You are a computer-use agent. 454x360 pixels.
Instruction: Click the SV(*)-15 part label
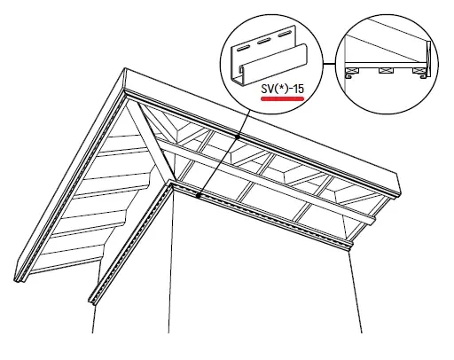[x=283, y=89]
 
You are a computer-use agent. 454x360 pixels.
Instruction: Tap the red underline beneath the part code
[x=282, y=98]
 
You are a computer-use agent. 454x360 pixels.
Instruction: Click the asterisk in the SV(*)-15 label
[x=282, y=88]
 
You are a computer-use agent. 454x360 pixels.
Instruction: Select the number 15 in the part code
[x=298, y=89]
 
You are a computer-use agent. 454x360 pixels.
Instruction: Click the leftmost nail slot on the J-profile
[x=243, y=48]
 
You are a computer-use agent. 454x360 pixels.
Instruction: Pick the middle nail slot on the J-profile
[x=263, y=42]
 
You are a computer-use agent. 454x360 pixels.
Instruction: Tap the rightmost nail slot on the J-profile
[x=284, y=35]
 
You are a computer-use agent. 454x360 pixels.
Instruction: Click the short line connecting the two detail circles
[x=330, y=63]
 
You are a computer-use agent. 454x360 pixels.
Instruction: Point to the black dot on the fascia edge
[x=238, y=137]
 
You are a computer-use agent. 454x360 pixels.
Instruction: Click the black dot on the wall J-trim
[x=199, y=195]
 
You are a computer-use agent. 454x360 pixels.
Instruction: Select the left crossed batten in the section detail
[x=351, y=71]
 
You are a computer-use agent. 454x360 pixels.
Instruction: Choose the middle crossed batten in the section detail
[x=385, y=71]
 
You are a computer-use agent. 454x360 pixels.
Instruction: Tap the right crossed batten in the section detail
[x=418, y=71]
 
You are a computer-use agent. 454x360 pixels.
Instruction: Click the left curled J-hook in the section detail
[x=348, y=75]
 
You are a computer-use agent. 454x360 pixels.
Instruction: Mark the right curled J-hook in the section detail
[x=424, y=76]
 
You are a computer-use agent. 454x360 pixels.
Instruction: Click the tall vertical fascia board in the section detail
[x=428, y=59]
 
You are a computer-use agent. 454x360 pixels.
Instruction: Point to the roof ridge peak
[x=125, y=68]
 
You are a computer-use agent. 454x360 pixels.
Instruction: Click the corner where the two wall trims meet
[x=171, y=183]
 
